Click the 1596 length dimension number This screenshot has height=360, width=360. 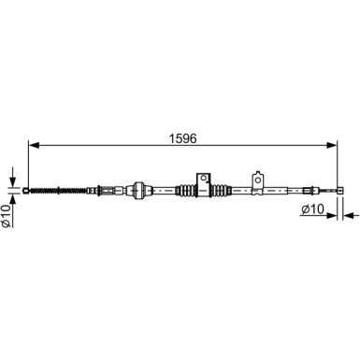click(x=182, y=138)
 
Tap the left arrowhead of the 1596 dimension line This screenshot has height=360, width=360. click(x=34, y=145)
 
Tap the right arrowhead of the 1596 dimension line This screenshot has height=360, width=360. click(x=332, y=145)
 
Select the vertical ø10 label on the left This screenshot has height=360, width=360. click(x=7, y=215)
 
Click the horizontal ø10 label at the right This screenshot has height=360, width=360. click(x=313, y=209)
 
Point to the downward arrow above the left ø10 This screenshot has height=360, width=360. click(x=12, y=177)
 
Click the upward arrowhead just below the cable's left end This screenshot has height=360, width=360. click(x=12, y=199)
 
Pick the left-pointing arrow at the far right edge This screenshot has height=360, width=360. click(x=351, y=215)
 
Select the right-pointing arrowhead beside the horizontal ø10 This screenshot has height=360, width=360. click(x=332, y=215)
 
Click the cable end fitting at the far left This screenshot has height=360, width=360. click(x=26, y=190)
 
